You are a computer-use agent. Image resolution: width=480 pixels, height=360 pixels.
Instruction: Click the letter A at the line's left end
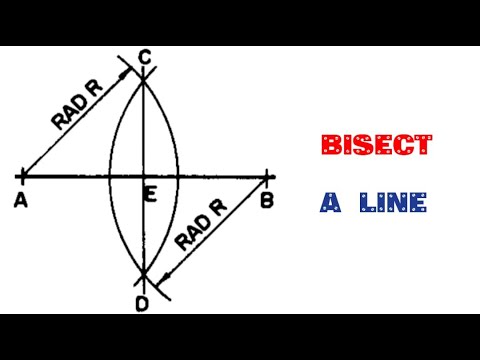point(21,199)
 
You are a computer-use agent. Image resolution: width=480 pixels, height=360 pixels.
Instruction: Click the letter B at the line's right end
point(267,199)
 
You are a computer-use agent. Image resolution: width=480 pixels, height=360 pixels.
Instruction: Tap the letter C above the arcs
point(145,60)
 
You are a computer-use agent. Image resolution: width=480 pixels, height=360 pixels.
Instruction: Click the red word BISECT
point(376,146)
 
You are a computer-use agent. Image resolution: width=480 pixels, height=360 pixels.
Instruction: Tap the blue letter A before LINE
point(331,203)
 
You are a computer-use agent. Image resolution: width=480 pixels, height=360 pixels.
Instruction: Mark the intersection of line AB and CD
point(144,178)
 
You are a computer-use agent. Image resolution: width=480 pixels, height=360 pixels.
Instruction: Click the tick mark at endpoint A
point(22,178)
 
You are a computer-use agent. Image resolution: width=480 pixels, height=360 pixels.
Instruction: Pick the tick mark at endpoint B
point(267,178)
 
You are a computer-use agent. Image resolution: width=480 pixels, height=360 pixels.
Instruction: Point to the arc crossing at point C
point(144,80)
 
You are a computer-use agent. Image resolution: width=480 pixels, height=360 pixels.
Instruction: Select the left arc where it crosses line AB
point(110,178)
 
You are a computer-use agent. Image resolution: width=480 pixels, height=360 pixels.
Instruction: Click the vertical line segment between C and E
point(144,130)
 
